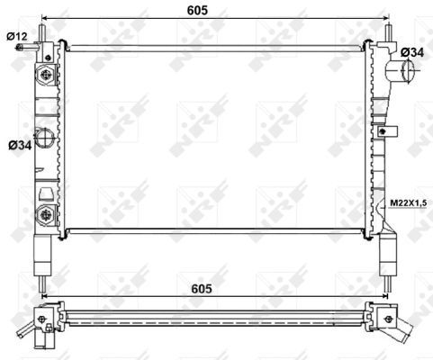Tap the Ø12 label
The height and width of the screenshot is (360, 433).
pos(17,35)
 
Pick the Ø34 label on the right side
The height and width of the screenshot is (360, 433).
pos(411,53)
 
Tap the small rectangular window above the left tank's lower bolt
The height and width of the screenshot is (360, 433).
pos(45,192)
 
